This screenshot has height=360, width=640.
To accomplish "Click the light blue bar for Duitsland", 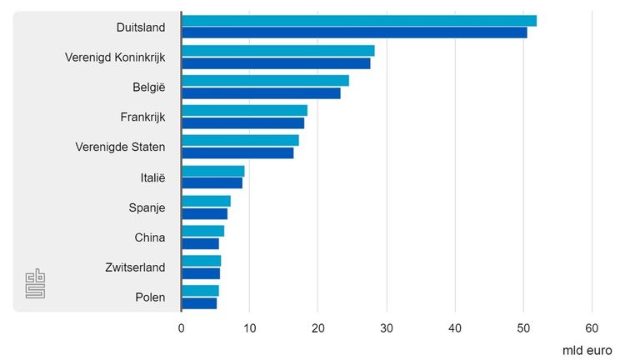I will (358, 21).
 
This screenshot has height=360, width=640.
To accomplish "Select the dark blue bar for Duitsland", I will (354, 32).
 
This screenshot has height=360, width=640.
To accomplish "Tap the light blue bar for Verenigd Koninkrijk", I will (277, 51).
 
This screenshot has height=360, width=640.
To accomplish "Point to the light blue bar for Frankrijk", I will (244, 111).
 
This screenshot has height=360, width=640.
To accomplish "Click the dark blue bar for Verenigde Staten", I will (237, 153).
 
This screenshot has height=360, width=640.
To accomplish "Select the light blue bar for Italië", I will (212, 171).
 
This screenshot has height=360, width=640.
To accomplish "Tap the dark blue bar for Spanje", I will (204, 213).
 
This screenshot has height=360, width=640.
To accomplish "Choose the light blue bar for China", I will (202, 231).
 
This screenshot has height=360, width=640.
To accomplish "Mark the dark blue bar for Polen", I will (199, 303).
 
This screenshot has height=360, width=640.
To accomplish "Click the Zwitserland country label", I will (135, 267).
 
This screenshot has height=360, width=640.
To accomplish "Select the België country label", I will (149, 87).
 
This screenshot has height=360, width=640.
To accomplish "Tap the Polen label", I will (150, 297).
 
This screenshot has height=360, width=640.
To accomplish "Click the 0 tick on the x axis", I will (181, 328).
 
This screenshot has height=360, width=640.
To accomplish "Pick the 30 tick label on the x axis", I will (387, 328).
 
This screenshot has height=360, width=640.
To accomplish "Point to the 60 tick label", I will (592, 328).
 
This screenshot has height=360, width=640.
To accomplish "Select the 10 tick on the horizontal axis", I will (249, 328).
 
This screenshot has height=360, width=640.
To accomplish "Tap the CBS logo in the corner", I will (35, 284).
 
